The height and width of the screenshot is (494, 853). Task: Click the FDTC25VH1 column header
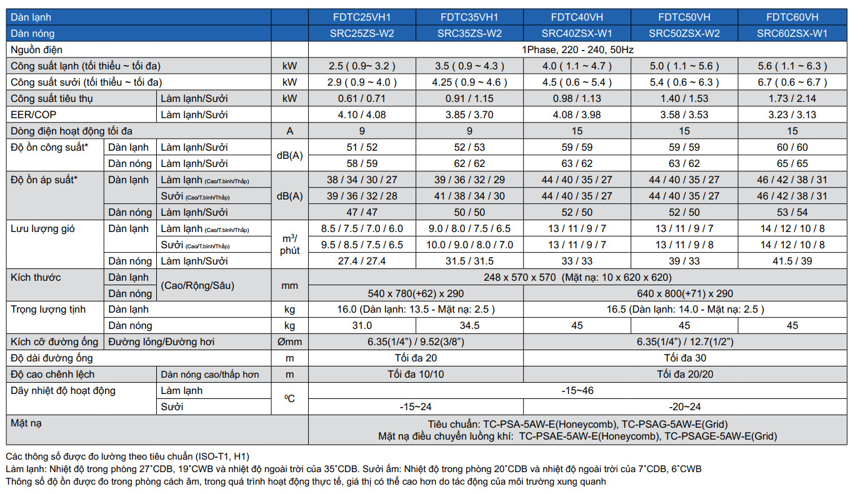[x=362, y=18]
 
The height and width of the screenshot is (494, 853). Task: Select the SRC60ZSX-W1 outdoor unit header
[x=792, y=34]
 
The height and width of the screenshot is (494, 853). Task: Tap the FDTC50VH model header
[x=684, y=18]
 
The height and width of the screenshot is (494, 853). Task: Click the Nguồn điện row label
[x=36, y=50]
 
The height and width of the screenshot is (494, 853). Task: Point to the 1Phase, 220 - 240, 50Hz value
[x=577, y=50]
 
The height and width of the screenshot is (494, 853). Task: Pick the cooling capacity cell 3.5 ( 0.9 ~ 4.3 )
[x=469, y=66]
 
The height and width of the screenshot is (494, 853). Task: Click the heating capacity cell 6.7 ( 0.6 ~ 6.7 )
[x=792, y=83]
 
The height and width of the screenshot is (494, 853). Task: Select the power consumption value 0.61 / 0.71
[x=362, y=99]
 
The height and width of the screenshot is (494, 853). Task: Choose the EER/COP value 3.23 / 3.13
[x=792, y=115]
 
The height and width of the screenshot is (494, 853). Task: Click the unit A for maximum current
[x=289, y=131]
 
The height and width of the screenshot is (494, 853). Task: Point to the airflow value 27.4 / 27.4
[x=362, y=261]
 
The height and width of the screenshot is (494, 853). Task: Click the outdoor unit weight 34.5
[x=469, y=326]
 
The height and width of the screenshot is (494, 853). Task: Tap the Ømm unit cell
[x=289, y=342]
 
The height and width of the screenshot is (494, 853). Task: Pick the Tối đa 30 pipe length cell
[x=684, y=358]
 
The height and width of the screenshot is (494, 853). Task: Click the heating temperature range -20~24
[x=684, y=407]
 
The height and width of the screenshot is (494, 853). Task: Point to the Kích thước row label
[x=36, y=278]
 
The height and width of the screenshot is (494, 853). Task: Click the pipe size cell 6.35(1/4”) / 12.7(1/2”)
[x=684, y=342]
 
